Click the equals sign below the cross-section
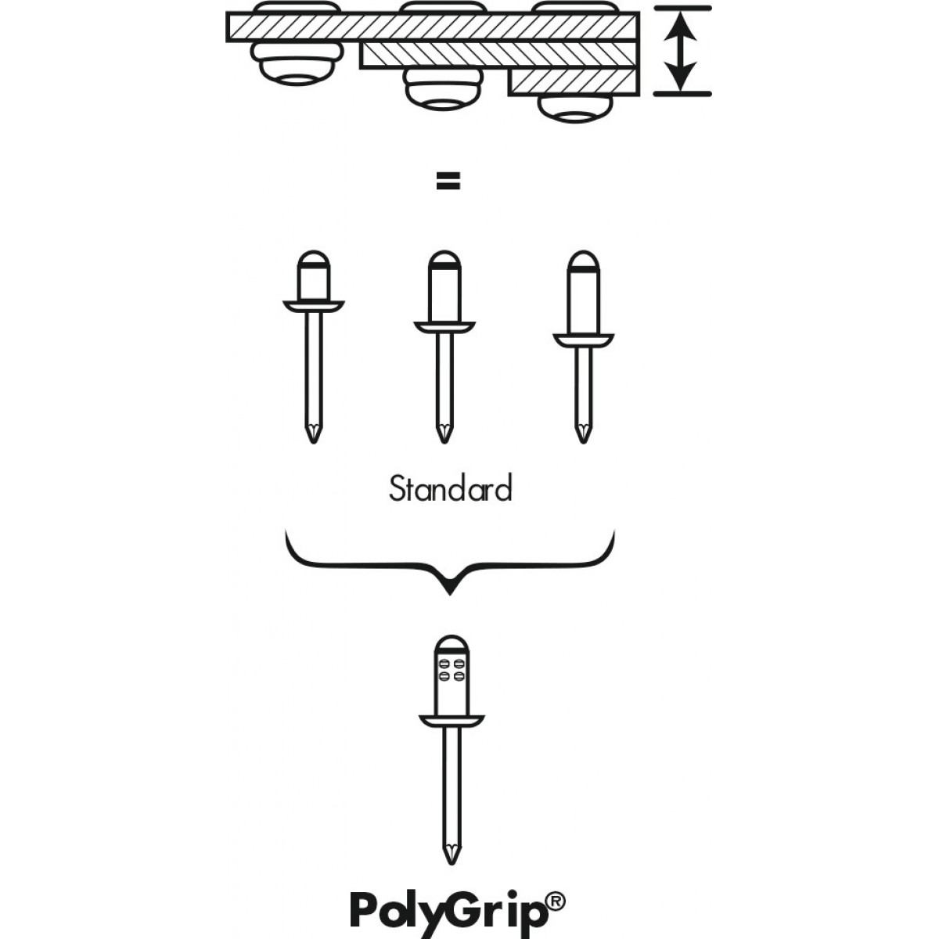tap(448, 182)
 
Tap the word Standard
tap(450, 489)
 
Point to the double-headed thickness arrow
tap(682, 49)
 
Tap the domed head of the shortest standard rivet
tap(313, 260)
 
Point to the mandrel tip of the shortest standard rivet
tap(313, 433)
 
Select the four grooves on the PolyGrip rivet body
tap(451, 669)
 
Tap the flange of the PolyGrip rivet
tap(451, 720)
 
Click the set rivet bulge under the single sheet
tap(295, 65)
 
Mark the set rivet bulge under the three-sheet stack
tap(575, 109)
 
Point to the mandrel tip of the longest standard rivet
tap(583, 433)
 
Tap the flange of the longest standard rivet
tap(583, 340)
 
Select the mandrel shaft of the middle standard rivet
tap(444, 376)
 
